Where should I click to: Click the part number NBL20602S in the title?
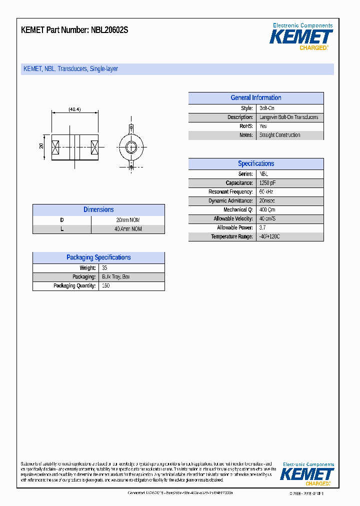pyautogui.click(x=109, y=30)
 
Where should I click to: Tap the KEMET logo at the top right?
pyautogui.click(x=301, y=37)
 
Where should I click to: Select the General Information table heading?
pyautogui.click(x=255, y=98)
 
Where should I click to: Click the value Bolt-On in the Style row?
pyautogui.click(x=267, y=108)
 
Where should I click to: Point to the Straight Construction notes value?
pyautogui.click(x=279, y=135)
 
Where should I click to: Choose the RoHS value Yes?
pyautogui.click(x=263, y=126)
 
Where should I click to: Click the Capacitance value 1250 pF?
pyautogui.click(x=267, y=183)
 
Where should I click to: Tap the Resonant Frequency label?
pyautogui.click(x=230, y=192)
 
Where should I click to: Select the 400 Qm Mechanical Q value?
pyautogui.click(x=267, y=210)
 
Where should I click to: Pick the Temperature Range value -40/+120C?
pyautogui.click(x=269, y=236)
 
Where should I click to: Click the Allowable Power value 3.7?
pyautogui.click(x=262, y=228)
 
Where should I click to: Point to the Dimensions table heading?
pyautogui.click(x=98, y=210)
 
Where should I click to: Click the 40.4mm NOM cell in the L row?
pyautogui.click(x=128, y=229)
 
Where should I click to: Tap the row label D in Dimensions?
pyautogui.click(x=62, y=220)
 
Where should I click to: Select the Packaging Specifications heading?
pyautogui.click(x=98, y=257)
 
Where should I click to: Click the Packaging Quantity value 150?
pyautogui.click(x=105, y=286)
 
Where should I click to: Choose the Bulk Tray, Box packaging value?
pyautogui.click(x=115, y=277)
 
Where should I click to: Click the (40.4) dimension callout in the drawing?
pyautogui.click(x=74, y=109)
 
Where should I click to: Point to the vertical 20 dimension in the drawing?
pyautogui.click(x=42, y=146)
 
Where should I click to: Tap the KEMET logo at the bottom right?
pyautogui.click(x=307, y=474)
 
